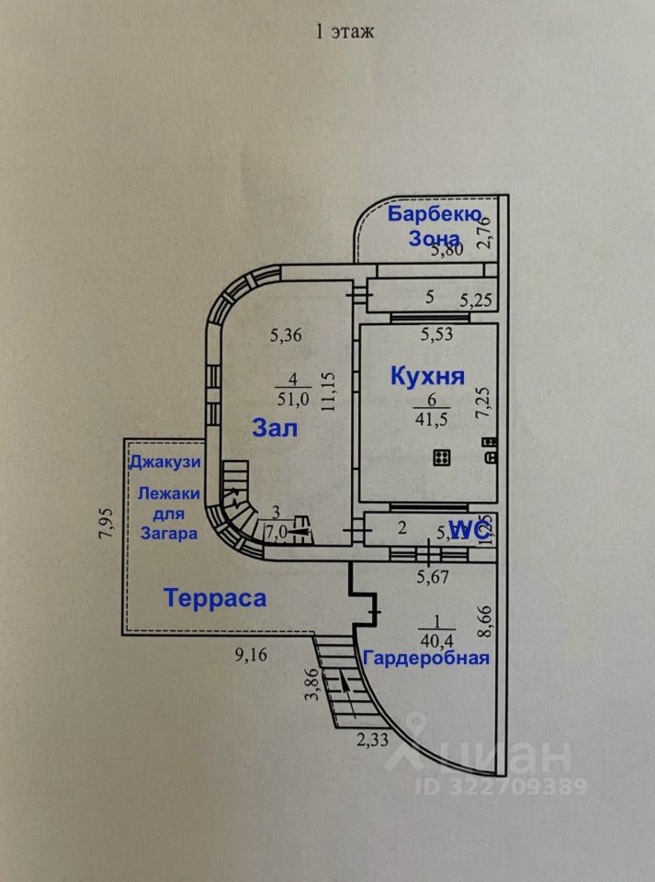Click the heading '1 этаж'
344,32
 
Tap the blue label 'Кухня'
428,376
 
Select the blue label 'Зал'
276,427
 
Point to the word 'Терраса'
216,598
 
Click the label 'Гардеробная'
426,658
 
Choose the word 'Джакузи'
164,461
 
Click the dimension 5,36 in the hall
286,335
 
